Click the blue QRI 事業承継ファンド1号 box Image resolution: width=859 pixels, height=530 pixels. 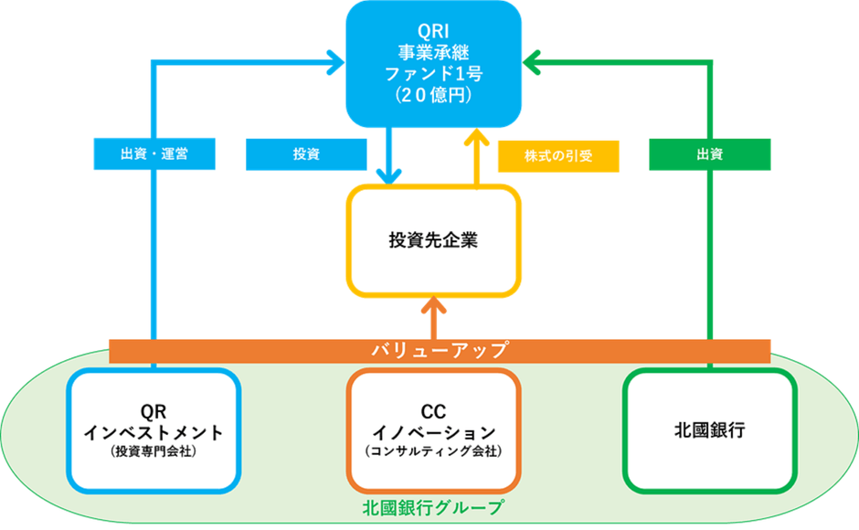pyautogui.click(x=432, y=64)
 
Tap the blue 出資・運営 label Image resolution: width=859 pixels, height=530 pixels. pyautogui.click(x=154, y=154)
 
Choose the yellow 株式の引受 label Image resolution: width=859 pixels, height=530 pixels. pyautogui.click(x=558, y=155)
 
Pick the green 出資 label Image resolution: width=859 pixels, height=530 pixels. pyautogui.click(x=710, y=154)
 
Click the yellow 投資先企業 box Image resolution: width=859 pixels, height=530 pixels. pyautogui.click(x=433, y=241)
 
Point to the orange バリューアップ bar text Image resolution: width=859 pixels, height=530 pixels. pyautogui.click(x=439, y=350)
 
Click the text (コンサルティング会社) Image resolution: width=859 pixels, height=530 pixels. pyautogui.click(x=433, y=450)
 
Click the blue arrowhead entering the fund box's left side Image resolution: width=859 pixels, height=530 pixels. pyautogui.click(x=333, y=63)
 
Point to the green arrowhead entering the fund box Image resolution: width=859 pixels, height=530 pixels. pyautogui.click(x=533, y=63)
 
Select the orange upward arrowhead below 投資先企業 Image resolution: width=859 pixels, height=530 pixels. pyautogui.click(x=433, y=308)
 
